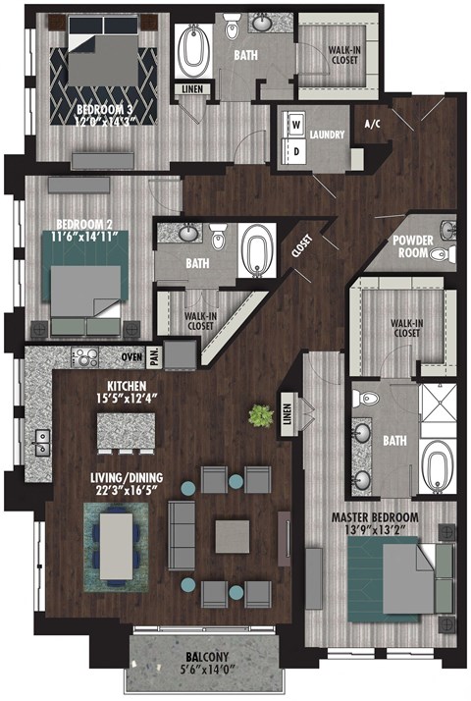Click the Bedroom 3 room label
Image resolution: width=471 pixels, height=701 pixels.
click(x=107, y=109)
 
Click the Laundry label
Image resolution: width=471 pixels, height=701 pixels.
click(x=324, y=135)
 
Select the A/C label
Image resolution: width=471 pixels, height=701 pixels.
click(x=372, y=125)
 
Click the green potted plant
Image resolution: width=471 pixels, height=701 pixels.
click(x=260, y=416)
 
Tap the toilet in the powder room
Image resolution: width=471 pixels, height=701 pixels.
click(x=450, y=253)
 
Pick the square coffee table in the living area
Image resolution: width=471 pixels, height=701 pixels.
click(x=234, y=536)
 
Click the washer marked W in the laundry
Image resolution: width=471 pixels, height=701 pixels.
click(x=292, y=125)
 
